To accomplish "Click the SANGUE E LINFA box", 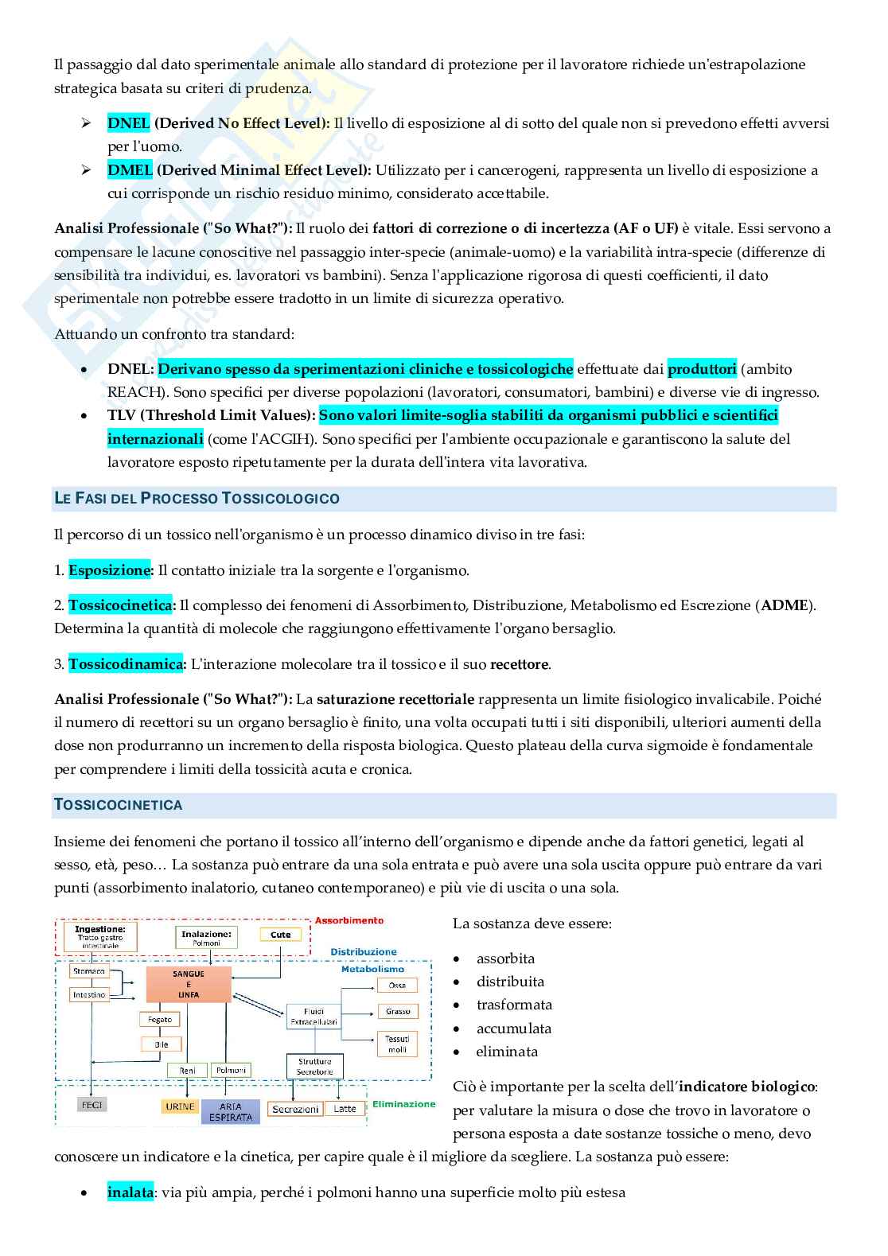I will (x=189, y=985).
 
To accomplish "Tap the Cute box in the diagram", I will (x=281, y=935).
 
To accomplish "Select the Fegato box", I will (x=159, y=1019).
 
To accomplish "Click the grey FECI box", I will (x=92, y=1105).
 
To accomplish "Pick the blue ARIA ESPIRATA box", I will (x=230, y=1111).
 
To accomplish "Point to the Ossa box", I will (x=397, y=985).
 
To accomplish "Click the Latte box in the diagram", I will (x=345, y=1108).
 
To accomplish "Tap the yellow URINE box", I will (x=180, y=1106).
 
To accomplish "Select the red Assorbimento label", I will (x=349, y=920).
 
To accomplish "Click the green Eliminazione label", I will (x=403, y=1104).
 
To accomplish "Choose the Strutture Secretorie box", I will (x=314, y=1067).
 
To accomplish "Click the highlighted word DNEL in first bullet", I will (x=128, y=123).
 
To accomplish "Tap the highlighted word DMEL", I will (x=130, y=170).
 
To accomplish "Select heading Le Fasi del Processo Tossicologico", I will (x=197, y=499).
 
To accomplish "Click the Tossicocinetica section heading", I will (x=118, y=805).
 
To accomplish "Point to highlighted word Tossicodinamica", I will (x=126, y=664).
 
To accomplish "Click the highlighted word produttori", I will (x=702, y=369).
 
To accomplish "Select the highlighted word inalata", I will (x=130, y=1192).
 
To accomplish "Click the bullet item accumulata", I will (x=514, y=1029).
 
